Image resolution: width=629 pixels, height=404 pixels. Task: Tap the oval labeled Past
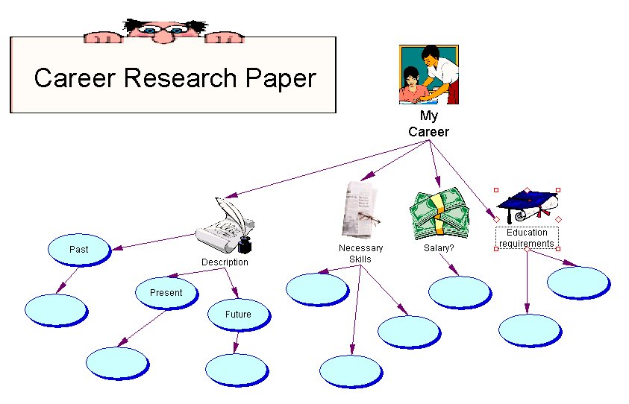pos(79,250)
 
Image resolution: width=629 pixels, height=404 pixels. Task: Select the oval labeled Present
pos(166,293)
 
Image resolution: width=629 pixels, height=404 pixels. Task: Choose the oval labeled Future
pos(238,315)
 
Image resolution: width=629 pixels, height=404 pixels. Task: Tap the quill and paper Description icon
pos(224,226)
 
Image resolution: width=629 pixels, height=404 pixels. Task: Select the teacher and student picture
pos(428,75)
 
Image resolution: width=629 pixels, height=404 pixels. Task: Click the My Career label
pos(428,124)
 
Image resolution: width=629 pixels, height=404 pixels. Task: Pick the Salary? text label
pos(439,248)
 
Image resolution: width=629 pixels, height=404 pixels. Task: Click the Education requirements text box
pos(527,238)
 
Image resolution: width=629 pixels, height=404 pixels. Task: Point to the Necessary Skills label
pos(360,253)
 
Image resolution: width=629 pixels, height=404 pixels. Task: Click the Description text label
pos(225,262)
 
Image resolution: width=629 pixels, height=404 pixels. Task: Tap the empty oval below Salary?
pos(460,292)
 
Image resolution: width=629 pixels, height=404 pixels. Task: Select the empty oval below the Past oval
pos(56,310)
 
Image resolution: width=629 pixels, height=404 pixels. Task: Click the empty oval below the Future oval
pos(236,369)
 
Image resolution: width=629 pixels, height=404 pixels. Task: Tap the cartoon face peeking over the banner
pos(160,28)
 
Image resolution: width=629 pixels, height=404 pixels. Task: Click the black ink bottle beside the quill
pos(245,244)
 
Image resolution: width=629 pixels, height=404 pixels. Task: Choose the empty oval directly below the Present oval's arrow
pos(117,363)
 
